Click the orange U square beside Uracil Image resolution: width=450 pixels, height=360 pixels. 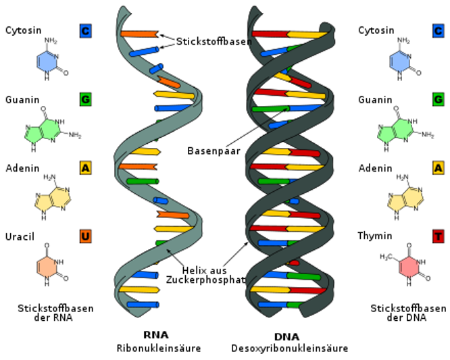(86, 236)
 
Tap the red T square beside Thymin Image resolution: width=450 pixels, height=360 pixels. (439, 236)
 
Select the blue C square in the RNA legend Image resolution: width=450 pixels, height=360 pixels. (86, 30)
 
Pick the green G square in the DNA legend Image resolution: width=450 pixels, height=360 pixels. (439, 99)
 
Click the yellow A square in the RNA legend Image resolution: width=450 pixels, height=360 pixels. (86, 168)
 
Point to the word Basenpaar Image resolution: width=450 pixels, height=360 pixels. (214, 151)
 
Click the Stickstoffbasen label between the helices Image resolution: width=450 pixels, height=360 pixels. (214, 41)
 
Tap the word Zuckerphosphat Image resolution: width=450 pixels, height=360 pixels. (205, 280)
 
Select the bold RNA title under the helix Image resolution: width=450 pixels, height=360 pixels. (156, 335)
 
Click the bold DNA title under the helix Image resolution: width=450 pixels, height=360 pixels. (286, 336)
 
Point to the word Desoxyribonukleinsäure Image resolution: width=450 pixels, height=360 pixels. (290, 349)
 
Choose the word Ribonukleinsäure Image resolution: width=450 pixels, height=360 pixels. (159, 349)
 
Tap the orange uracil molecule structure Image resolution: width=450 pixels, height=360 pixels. (51, 265)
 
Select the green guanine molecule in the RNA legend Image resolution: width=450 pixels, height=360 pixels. (51, 129)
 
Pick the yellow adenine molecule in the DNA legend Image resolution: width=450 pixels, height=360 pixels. (405, 197)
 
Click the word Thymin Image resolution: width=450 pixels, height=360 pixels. (375, 236)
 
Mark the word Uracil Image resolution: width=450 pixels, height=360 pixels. (20, 236)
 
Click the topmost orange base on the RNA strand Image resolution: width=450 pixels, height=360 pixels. (139, 34)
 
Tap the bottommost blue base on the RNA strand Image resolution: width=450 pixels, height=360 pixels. (143, 305)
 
